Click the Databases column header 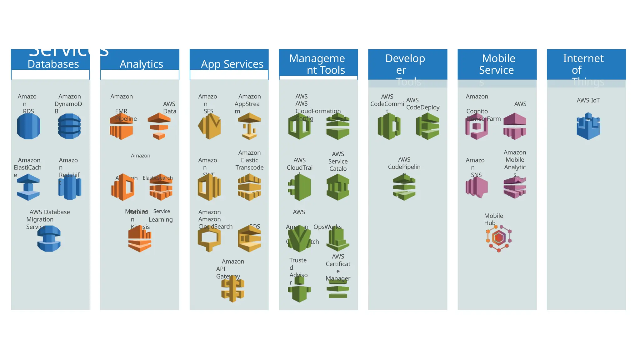53,64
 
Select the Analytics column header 141,64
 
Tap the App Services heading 232,64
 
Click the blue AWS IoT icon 588,126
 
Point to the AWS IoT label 588,100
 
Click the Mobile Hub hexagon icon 499,238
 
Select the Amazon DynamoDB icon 69,126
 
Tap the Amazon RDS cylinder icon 28,126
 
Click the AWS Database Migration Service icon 49,239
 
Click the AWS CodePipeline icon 404,187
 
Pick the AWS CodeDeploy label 422,104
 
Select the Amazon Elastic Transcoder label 249,160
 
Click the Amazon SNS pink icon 477,187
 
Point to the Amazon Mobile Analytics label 515,160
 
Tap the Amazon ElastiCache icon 28,187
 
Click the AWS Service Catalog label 338,161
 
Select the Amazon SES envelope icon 209,126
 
